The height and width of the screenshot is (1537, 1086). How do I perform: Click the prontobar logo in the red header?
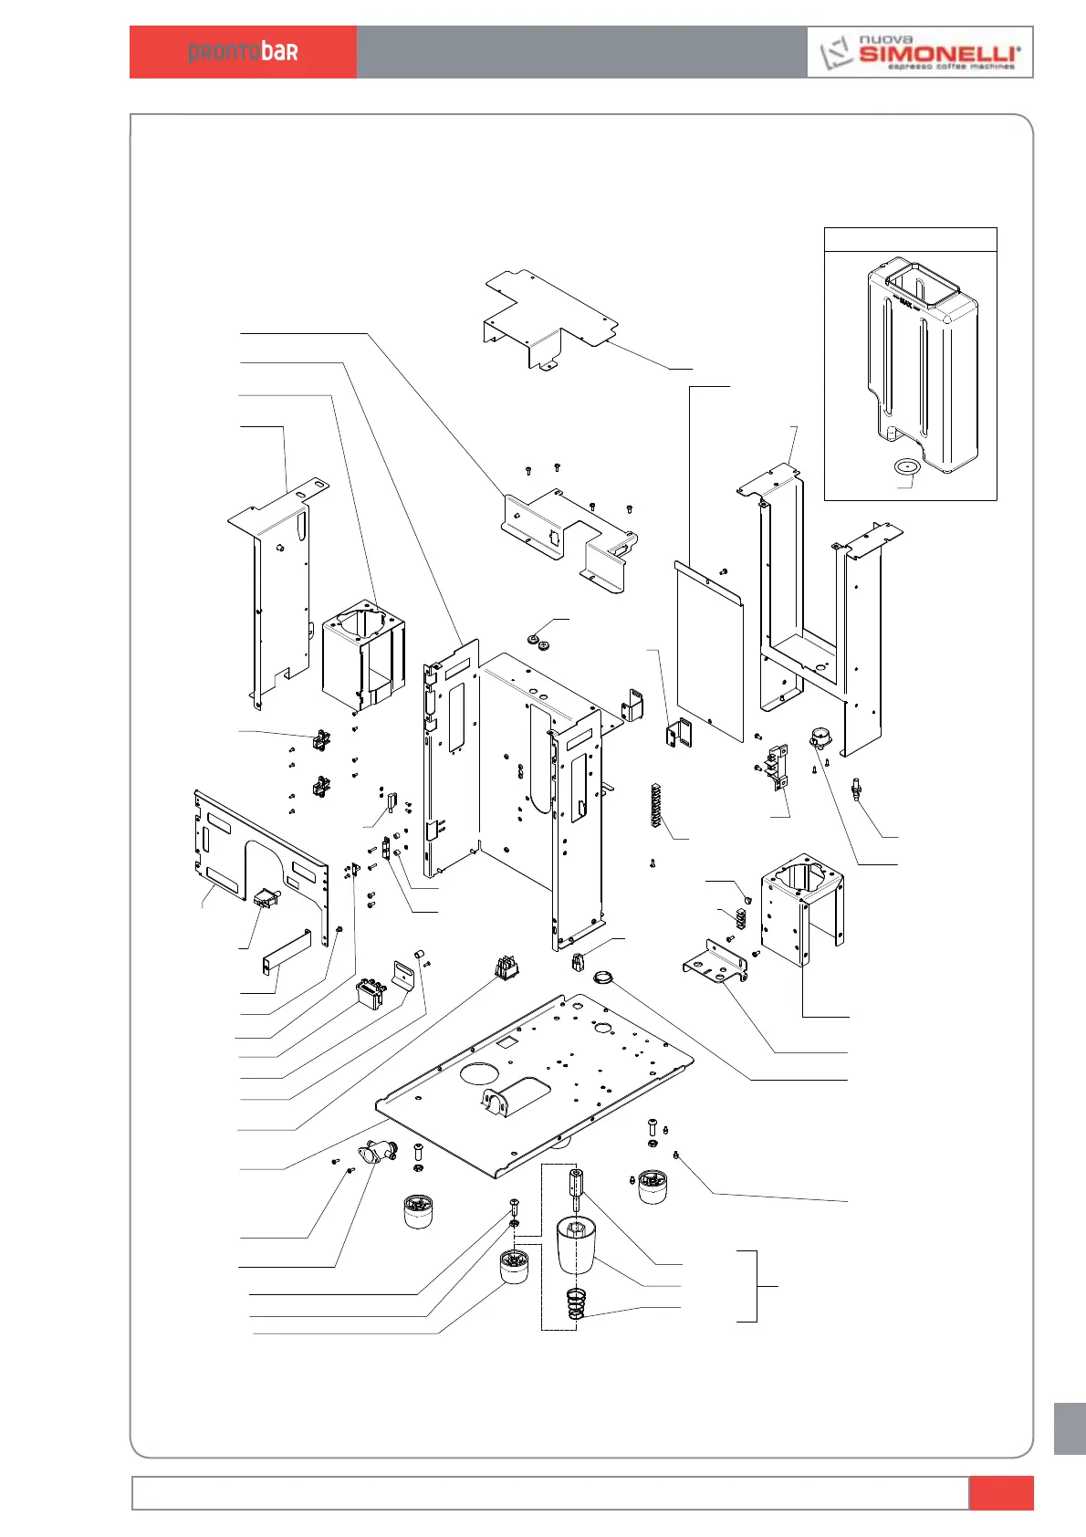[x=243, y=52]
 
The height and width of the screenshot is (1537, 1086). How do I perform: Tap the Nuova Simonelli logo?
[x=920, y=53]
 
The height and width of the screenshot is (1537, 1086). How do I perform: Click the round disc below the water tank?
[x=906, y=467]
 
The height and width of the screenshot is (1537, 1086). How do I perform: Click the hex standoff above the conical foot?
[x=576, y=1188]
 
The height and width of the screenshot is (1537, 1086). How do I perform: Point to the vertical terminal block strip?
[x=654, y=804]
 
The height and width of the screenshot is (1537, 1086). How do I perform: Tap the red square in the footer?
[x=1001, y=1493]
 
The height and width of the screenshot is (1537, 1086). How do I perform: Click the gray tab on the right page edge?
[x=1070, y=1428]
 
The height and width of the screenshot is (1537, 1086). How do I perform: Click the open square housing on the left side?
[x=363, y=653]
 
